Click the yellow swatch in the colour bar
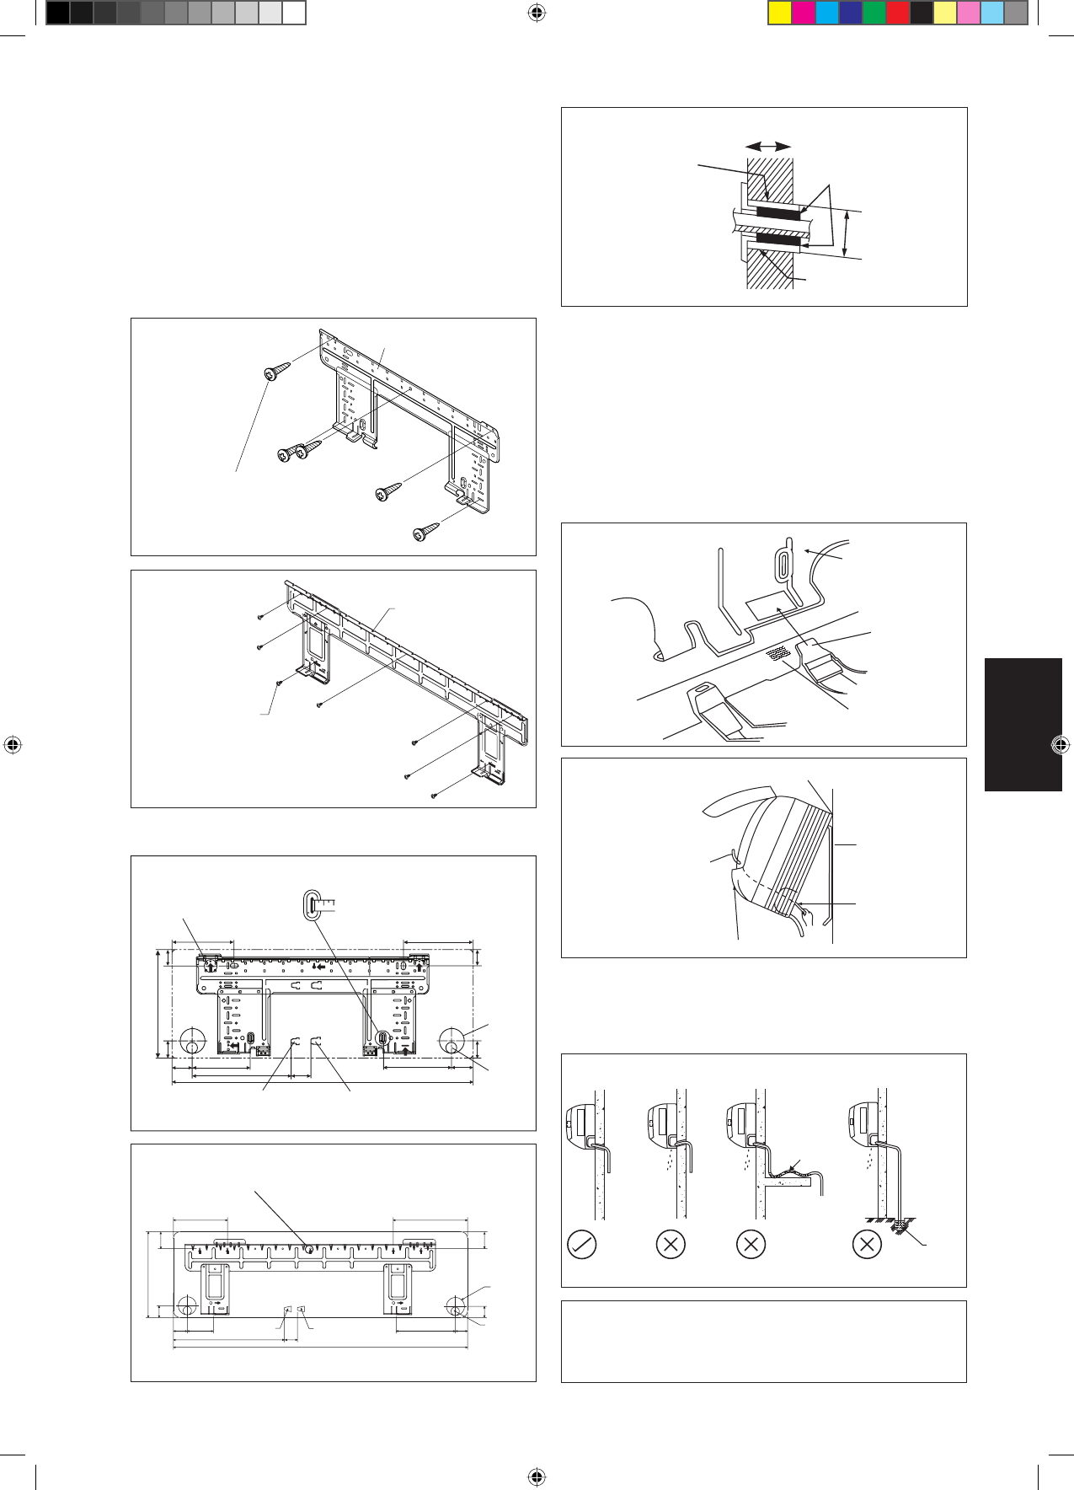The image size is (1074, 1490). (780, 13)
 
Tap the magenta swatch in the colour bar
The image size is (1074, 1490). (804, 13)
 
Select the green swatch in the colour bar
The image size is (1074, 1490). (874, 13)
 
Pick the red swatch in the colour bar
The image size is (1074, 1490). (898, 13)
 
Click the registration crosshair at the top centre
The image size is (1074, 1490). (537, 13)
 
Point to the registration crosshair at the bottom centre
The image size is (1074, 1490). (537, 1477)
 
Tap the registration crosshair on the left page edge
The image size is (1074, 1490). (13, 745)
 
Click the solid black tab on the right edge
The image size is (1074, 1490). (1023, 725)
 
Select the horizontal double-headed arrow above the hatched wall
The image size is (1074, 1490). (768, 147)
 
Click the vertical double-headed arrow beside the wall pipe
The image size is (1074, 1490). (847, 233)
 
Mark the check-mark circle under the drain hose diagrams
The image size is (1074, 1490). (582, 1244)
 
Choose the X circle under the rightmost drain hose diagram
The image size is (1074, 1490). (867, 1244)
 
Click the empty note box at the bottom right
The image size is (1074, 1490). (763, 1341)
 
